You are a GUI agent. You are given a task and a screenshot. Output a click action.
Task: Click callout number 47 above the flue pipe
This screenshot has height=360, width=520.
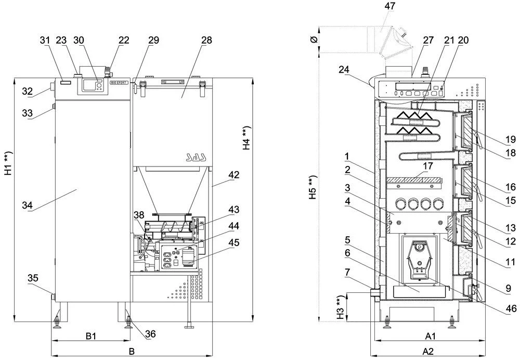pyautogui.click(x=389, y=6)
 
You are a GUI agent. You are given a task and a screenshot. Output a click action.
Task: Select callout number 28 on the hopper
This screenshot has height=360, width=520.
pyautogui.click(x=191, y=40)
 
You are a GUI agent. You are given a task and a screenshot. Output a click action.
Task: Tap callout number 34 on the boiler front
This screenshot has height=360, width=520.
pyautogui.click(x=27, y=207)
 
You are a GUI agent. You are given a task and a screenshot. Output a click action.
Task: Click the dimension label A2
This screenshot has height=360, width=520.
pyautogui.click(x=428, y=352)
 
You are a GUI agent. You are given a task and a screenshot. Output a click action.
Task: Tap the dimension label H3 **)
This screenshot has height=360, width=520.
pyautogui.click(x=340, y=307)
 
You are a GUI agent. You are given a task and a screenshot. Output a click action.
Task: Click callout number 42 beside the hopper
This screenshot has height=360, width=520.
pyautogui.click(x=233, y=175)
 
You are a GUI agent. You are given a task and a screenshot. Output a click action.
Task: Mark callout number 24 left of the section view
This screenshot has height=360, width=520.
pyautogui.click(x=343, y=69)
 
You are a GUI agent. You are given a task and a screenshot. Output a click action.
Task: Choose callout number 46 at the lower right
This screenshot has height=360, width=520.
pyautogui.click(x=511, y=308)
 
